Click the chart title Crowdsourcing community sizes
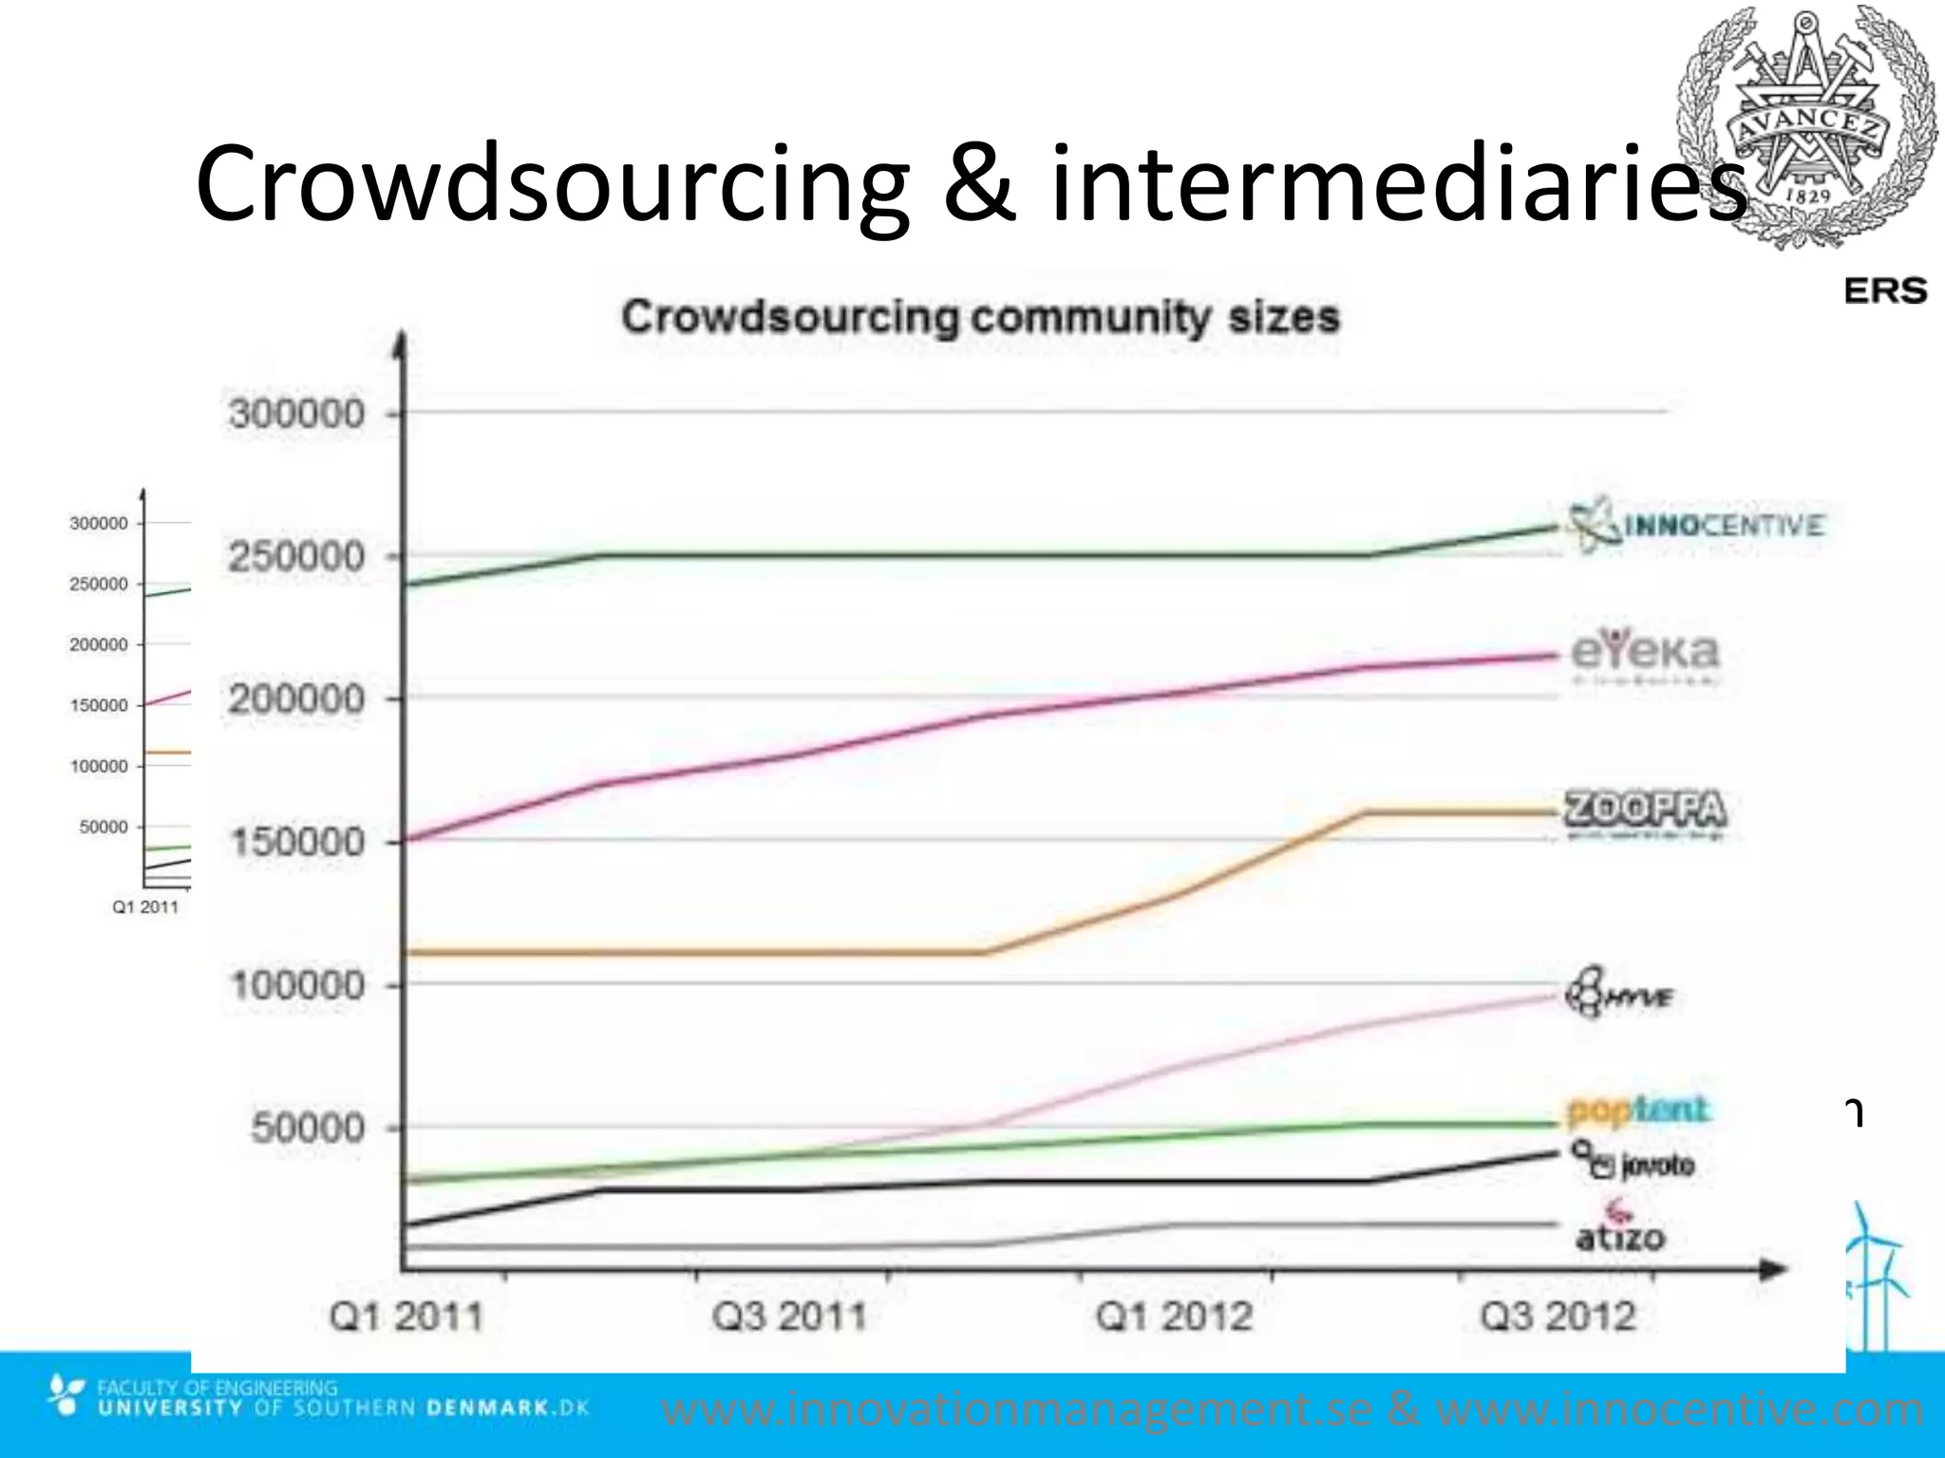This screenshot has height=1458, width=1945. [980, 317]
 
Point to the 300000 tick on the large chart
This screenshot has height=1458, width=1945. [297, 414]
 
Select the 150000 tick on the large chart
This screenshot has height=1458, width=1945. [297, 842]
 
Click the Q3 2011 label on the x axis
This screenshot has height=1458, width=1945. [790, 1318]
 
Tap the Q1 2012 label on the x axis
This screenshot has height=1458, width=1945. [1174, 1318]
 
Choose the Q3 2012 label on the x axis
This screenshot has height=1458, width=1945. [1558, 1318]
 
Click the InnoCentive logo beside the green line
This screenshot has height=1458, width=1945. [1696, 524]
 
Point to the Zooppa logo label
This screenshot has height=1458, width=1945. [1645, 813]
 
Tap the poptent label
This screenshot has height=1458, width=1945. [1637, 1109]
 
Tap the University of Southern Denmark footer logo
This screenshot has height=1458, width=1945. [318, 1398]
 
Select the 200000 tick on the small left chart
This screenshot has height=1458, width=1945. [99, 645]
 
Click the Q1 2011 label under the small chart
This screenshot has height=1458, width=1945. [145, 907]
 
